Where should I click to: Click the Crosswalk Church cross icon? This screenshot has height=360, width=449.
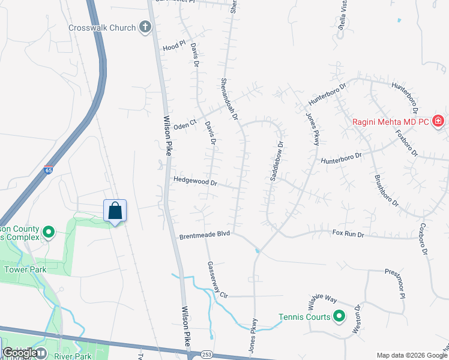145,27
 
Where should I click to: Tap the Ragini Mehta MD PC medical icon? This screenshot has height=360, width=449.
438,121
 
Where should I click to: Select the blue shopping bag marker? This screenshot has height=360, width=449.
115,211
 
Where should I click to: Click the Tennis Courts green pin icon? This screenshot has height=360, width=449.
339,316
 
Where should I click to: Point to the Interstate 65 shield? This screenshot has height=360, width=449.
48,170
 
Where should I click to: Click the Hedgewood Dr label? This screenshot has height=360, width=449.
194,179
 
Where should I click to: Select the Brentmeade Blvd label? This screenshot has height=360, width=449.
205,237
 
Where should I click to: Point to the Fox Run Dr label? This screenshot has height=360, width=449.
348,232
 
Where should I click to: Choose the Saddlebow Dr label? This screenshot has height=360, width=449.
277,161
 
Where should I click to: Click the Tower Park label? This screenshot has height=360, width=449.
25,269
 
